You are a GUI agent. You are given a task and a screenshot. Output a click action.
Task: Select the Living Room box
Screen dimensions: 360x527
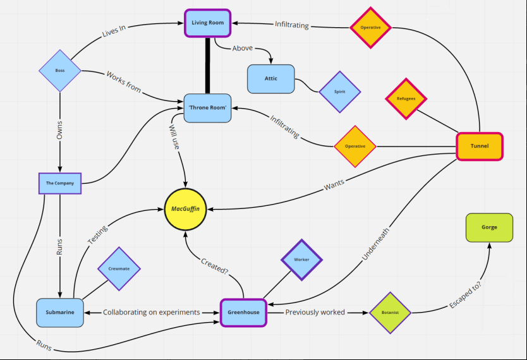click(208, 23)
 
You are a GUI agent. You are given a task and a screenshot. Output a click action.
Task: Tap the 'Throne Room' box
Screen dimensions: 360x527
click(207, 108)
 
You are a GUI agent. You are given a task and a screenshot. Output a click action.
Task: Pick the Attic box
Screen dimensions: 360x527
click(270, 79)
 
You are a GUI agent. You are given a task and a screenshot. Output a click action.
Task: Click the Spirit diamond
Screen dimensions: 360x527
click(340, 92)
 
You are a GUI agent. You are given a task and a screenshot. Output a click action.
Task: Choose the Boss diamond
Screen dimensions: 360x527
click(60, 71)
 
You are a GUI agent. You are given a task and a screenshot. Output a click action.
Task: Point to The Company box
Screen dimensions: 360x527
click(60, 183)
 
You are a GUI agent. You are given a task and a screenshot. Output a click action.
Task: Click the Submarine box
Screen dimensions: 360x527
click(60, 313)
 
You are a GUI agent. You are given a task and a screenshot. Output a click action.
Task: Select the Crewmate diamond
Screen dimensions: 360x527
click(118, 268)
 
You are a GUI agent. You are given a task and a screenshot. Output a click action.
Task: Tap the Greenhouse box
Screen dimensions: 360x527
click(243, 313)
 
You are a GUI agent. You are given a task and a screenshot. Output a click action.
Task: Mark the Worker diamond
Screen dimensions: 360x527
click(301, 260)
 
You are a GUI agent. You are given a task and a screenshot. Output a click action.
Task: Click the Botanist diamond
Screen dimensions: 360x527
click(390, 313)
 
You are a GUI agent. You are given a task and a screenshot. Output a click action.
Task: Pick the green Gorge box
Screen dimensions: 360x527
click(489, 227)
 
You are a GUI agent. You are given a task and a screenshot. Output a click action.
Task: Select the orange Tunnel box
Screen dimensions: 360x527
click(480, 146)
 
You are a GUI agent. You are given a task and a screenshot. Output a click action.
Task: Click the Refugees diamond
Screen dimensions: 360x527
click(406, 99)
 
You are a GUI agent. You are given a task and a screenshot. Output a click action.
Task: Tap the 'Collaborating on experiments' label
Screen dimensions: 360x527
click(152, 313)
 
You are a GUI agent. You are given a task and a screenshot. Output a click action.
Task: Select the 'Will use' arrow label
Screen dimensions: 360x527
click(175, 136)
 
